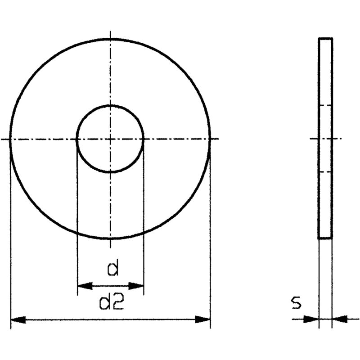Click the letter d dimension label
(x=112, y=269)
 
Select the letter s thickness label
(x=296, y=303)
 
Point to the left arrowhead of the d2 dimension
(x=18, y=319)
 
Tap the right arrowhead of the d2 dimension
(x=203, y=319)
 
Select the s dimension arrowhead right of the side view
(x=340, y=319)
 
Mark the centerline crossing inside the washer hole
(x=110, y=139)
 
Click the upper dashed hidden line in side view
(x=326, y=105)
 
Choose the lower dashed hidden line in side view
(x=326, y=172)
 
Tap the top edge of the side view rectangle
(x=326, y=39)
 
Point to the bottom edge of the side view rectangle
(x=326, y=238)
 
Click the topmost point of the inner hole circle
(x=110, y=106)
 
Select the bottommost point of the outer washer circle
(x=110, y=238)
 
